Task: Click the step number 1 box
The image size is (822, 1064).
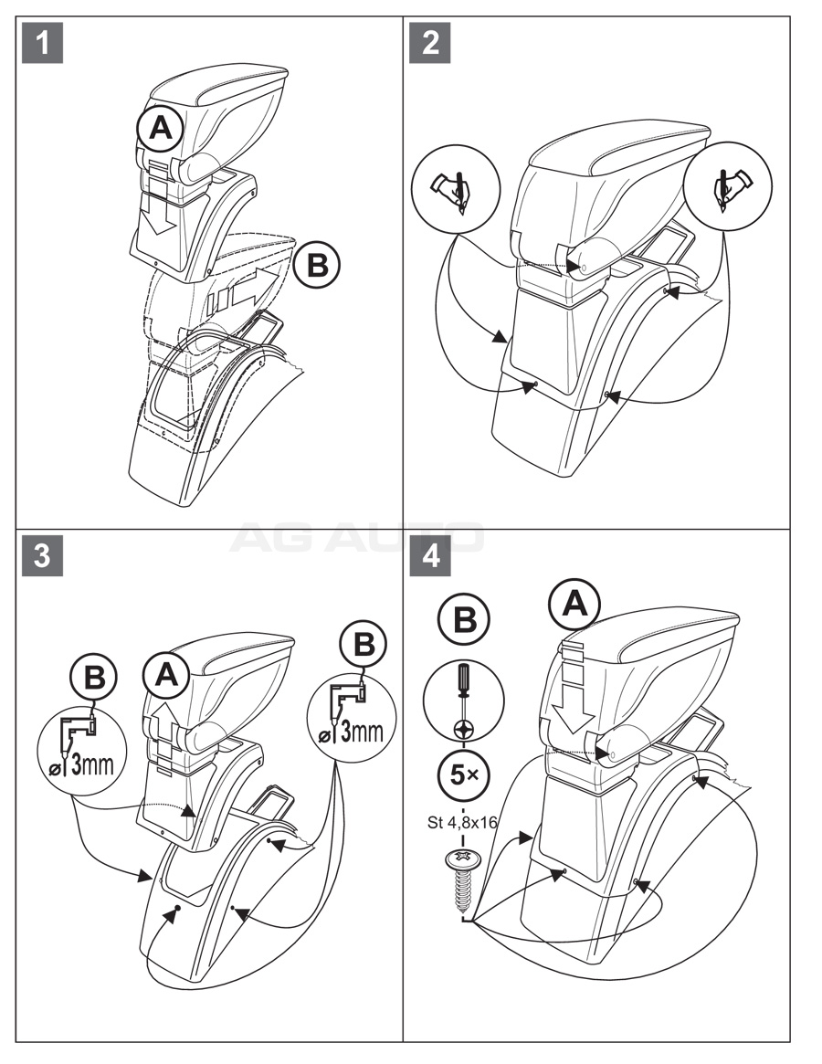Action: tap(43, 43)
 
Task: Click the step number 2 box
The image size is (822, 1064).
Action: tap(430, 43)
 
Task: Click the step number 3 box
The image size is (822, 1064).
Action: tap(43, 556)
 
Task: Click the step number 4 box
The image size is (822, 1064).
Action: tap(430, 556)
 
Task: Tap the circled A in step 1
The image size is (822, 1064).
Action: tap(161, 131)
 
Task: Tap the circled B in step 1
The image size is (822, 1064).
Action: tap(317, 265)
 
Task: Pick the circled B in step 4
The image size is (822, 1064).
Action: tap(464, 621)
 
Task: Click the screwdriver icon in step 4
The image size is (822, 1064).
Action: tap(464, 699)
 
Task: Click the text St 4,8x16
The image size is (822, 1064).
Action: tap(462, 821)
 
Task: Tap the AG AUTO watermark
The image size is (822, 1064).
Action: tap(356, 538)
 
